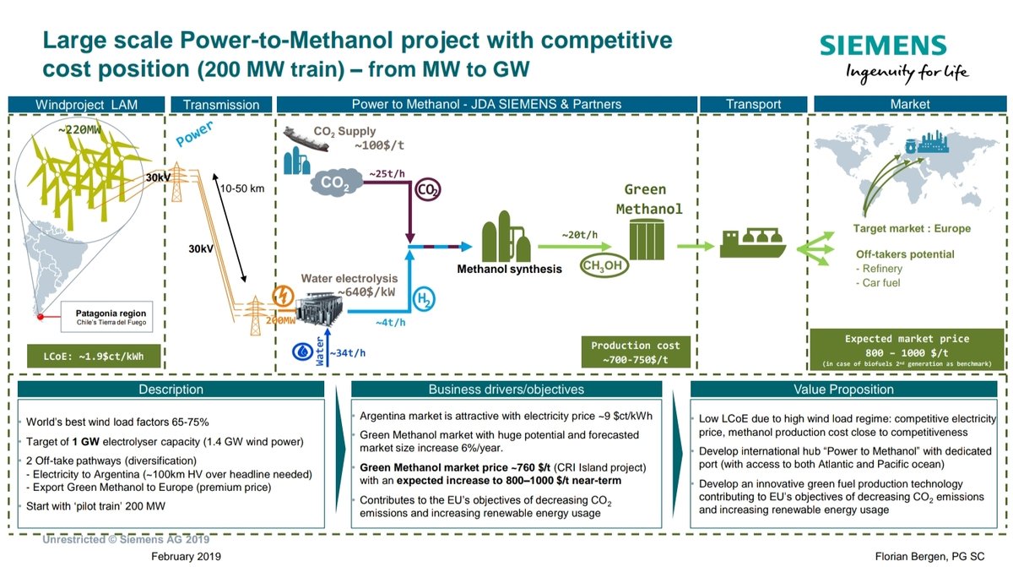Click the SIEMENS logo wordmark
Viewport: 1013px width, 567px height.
883,46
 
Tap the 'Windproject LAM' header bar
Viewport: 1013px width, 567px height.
86,105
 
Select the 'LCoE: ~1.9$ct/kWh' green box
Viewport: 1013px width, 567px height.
94,356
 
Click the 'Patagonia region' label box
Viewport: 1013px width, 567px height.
106,317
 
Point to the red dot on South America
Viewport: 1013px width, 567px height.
41,317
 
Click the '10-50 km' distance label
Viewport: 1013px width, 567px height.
242,188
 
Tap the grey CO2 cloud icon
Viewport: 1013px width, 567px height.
336,182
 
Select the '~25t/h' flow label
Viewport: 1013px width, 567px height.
387,174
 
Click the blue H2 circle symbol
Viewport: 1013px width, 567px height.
424,299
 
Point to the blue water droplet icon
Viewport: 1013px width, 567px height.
302,352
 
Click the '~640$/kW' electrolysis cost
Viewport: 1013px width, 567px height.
366,292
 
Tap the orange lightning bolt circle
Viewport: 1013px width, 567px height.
283,297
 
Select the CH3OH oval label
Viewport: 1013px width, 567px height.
604,265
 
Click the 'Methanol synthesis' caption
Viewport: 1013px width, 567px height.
509,270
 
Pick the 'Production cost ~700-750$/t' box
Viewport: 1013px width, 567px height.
636,352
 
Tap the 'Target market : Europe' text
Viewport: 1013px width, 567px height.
912,228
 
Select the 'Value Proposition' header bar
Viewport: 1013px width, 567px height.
843,390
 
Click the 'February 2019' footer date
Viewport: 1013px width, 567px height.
186,556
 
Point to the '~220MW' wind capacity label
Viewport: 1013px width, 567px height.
79,130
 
